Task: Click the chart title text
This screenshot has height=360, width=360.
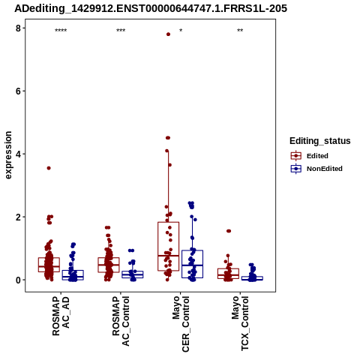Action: coord(151,9)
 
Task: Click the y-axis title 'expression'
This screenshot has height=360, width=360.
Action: coord(8,155)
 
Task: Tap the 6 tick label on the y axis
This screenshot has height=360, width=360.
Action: coord(19,91)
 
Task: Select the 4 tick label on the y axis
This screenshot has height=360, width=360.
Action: coord(19,154)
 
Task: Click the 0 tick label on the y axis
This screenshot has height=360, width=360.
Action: coord(19,280)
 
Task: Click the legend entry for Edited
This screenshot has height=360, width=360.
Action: coord(310,156)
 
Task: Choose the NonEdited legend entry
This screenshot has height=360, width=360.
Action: coord(316,169)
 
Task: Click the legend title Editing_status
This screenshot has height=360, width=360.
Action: coord(320,141)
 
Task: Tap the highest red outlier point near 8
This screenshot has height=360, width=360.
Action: coord(168,34)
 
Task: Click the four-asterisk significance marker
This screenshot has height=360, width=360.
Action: coord(61,31)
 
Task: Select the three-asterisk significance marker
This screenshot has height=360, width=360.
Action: coord(121,31)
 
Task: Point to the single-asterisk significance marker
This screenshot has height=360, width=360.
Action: coord(181,31)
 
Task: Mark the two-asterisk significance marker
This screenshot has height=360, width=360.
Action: coord(240,31)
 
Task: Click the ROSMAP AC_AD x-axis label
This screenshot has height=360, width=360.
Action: coord(61,316)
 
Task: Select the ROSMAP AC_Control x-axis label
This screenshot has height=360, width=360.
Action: coord(121,321)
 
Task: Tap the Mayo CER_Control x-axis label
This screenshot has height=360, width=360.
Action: coord(181,324)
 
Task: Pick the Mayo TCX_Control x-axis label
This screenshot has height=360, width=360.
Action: coord(240,324)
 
